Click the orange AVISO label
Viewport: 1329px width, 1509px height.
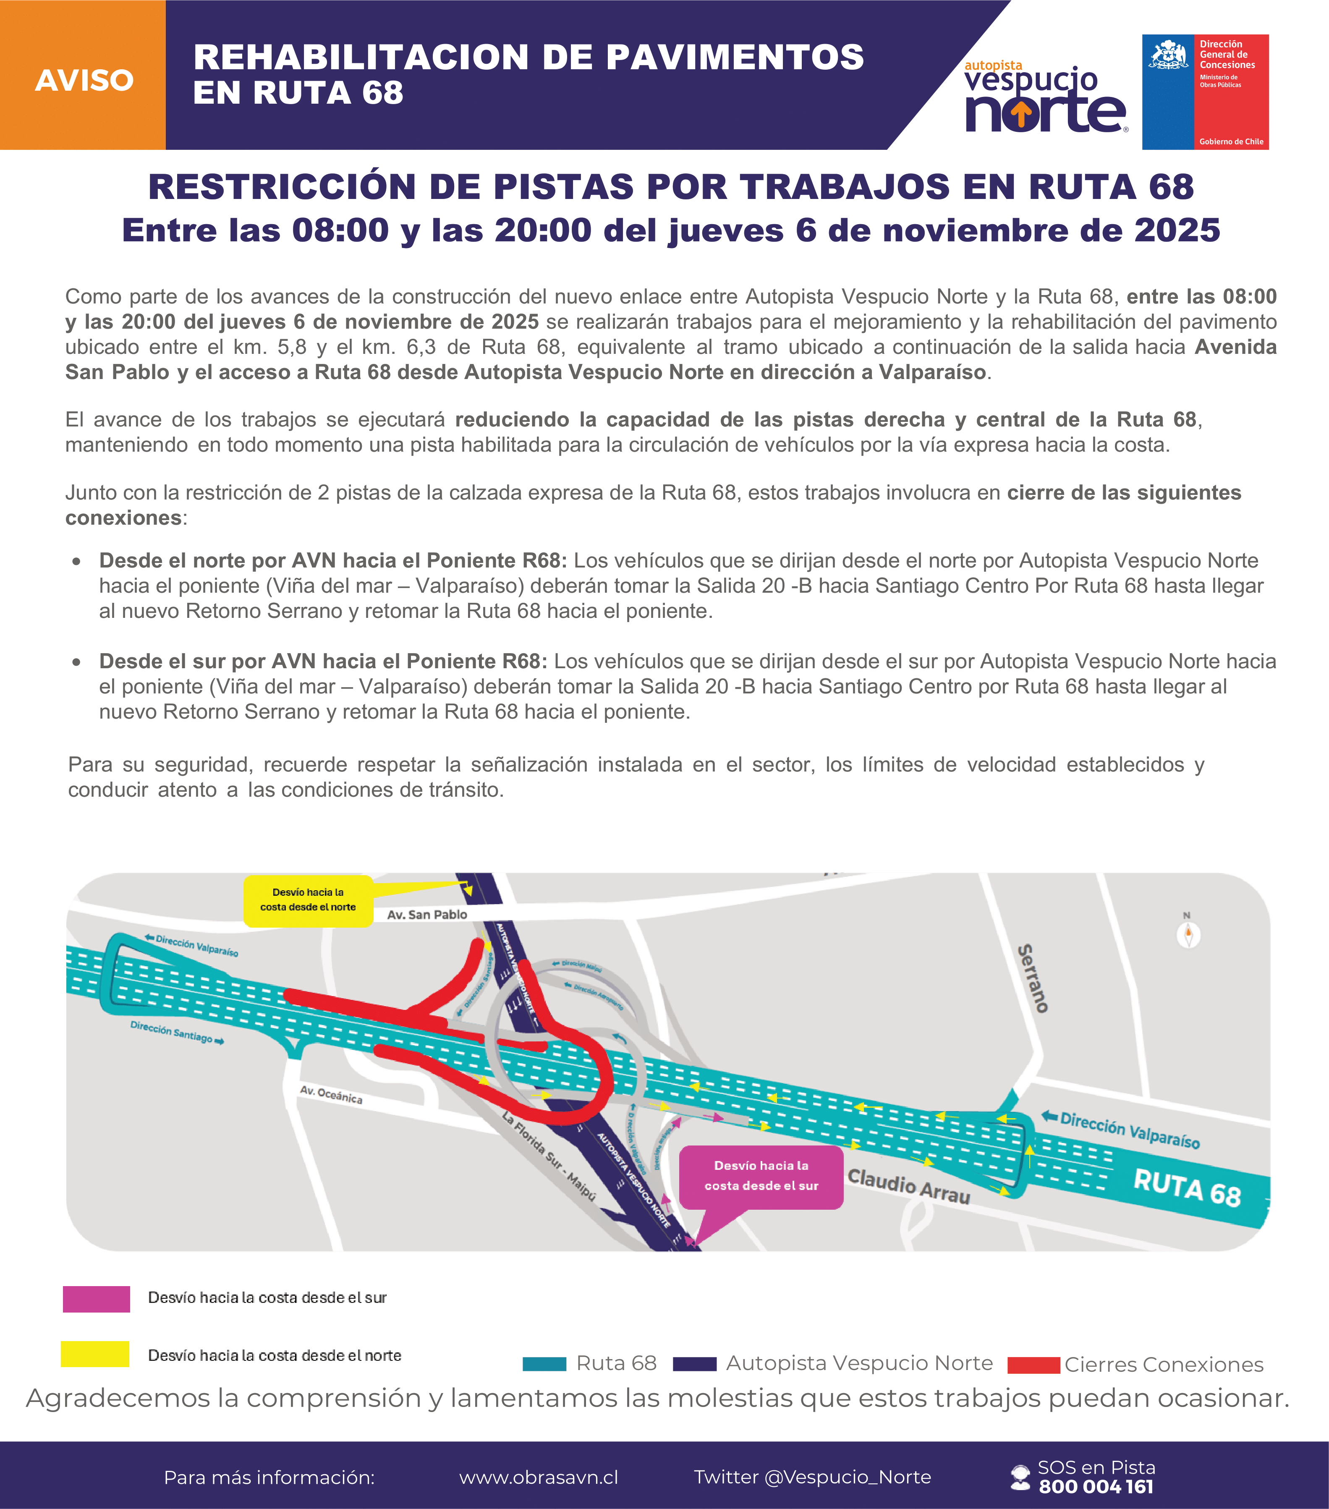(x=84, y=80)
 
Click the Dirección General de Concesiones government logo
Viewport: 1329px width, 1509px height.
(x=1205, y=92)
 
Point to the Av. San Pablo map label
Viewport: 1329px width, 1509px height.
(x=427, y=915)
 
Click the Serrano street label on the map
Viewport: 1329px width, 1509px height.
(x=1033, y=978)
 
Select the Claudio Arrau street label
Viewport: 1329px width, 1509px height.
(x=908, y=1186)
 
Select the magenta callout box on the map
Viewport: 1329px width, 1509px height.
(x=761, y=1177)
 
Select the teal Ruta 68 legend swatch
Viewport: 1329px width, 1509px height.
(x=544, y=1364)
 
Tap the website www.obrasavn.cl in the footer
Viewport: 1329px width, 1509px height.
(x=538, y=1477)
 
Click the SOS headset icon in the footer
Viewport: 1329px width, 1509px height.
(x=1020, y=1477)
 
